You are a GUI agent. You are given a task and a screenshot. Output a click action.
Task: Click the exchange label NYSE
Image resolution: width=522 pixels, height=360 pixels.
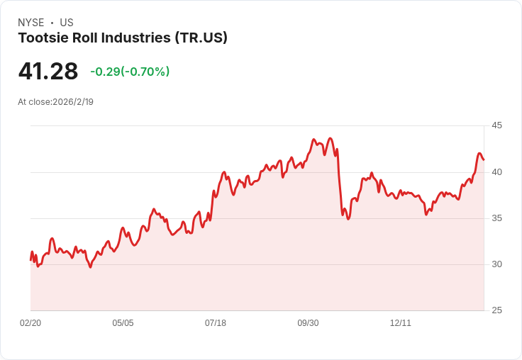coord(31,23)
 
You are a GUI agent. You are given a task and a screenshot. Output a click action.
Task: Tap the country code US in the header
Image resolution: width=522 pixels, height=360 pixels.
coord(67,23)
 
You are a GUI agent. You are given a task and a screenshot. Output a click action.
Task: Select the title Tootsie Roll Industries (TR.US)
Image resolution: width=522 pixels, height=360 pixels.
coord(123,38)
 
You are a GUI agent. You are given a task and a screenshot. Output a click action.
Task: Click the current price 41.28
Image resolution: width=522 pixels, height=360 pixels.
coord(48,72)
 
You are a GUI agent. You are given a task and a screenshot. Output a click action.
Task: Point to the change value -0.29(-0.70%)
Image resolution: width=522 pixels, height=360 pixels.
coord(130,72)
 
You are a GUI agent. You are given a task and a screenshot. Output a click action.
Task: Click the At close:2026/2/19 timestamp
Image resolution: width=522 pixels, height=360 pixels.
coord(56,102)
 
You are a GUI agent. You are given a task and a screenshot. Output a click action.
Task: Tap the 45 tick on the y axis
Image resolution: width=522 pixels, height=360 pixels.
coord(497,125)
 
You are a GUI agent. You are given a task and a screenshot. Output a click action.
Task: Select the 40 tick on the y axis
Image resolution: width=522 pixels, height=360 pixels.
coord(497,171)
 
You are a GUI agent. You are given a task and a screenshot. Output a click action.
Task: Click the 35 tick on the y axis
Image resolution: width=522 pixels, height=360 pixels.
coord(497,218)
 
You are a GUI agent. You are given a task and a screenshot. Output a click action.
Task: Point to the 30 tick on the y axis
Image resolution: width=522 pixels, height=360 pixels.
coord(497,264)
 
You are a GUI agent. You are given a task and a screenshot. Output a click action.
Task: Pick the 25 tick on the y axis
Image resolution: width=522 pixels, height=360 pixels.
coord(497,310)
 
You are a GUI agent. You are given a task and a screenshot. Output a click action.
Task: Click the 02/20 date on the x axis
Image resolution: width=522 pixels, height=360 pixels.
coord(30,323)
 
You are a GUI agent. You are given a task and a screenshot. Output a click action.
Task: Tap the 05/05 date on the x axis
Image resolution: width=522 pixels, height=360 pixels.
coord(123,323)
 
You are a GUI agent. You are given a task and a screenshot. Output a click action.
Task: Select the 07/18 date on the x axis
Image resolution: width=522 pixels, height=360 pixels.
coord(216,323)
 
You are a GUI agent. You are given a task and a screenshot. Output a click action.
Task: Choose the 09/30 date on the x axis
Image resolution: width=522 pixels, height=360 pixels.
coord(308,323)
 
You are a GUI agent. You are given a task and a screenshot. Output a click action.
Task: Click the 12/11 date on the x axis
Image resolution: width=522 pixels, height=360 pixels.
coord(401,323)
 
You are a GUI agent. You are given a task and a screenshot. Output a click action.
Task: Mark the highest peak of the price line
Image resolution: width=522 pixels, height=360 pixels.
coord(313,140)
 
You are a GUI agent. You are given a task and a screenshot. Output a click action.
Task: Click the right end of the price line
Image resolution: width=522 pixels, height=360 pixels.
coord(484,160)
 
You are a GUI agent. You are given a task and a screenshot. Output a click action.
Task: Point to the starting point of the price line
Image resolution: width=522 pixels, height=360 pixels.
coord(30,259)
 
